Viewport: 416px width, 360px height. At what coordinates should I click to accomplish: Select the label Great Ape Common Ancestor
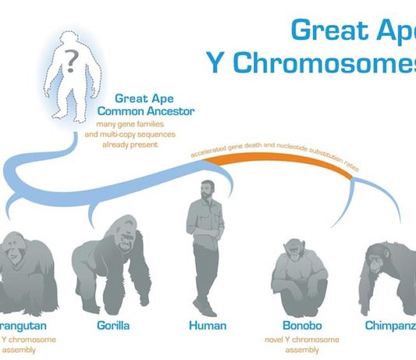[154, 104]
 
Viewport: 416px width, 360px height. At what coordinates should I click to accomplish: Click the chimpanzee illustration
[390, 269]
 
